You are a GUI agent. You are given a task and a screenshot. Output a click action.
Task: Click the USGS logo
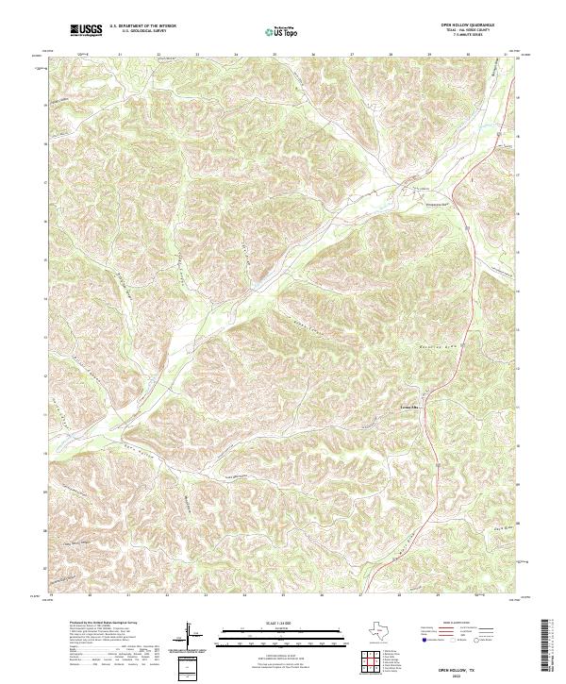tap(85, 31)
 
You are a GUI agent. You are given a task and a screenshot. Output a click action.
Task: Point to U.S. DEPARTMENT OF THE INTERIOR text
tap(142, 27)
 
